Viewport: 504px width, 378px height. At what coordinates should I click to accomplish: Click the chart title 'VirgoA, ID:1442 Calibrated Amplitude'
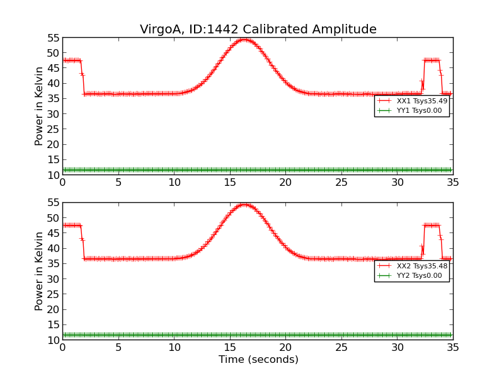tap(258, 29)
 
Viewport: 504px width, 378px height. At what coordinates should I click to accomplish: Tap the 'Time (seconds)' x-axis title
tap(258, 360)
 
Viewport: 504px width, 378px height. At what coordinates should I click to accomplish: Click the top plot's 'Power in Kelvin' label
tap(40, 106)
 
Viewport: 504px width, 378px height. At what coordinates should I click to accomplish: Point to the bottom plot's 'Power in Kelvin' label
tap(40, 271)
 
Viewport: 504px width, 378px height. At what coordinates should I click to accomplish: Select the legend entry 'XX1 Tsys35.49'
tap(421, 101)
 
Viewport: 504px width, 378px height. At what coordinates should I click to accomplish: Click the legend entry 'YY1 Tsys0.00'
tap(421, 110)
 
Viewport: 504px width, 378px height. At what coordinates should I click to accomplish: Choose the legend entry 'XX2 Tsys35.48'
tap(421, 266)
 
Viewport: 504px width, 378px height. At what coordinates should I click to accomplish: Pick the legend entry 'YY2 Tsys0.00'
tap(421, 275)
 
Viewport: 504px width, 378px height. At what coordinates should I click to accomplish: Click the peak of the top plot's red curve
tap(243, 39)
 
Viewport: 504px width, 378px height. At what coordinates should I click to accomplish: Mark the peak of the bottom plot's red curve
tap(243, 204)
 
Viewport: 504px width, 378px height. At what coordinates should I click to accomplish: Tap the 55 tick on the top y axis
tap(52, 38)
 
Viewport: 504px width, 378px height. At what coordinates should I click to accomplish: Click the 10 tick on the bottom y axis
tap(52, 340)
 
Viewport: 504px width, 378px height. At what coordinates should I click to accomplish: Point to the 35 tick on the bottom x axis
tap(452, 347)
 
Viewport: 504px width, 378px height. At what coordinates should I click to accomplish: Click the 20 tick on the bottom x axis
tap(285, 347)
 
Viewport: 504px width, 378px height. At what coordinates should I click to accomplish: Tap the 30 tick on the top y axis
tap(52, 114)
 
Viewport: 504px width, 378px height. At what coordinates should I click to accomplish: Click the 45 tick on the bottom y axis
tap(52, 233)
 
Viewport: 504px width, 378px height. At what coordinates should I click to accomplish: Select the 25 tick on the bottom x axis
tap(341, 347)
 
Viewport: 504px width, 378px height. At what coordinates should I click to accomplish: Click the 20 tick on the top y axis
tap(52, 144)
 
